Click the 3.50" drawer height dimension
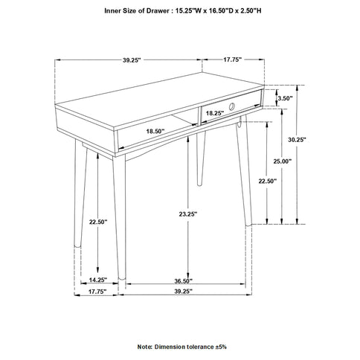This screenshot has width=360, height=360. point(285,98)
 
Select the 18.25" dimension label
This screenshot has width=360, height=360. point(214,113)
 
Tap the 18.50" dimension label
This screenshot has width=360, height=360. point(154,131)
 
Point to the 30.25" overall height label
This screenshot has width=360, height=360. point(317,139)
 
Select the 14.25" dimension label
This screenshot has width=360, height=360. point(98,280)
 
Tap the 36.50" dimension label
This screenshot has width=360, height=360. point(183,281)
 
